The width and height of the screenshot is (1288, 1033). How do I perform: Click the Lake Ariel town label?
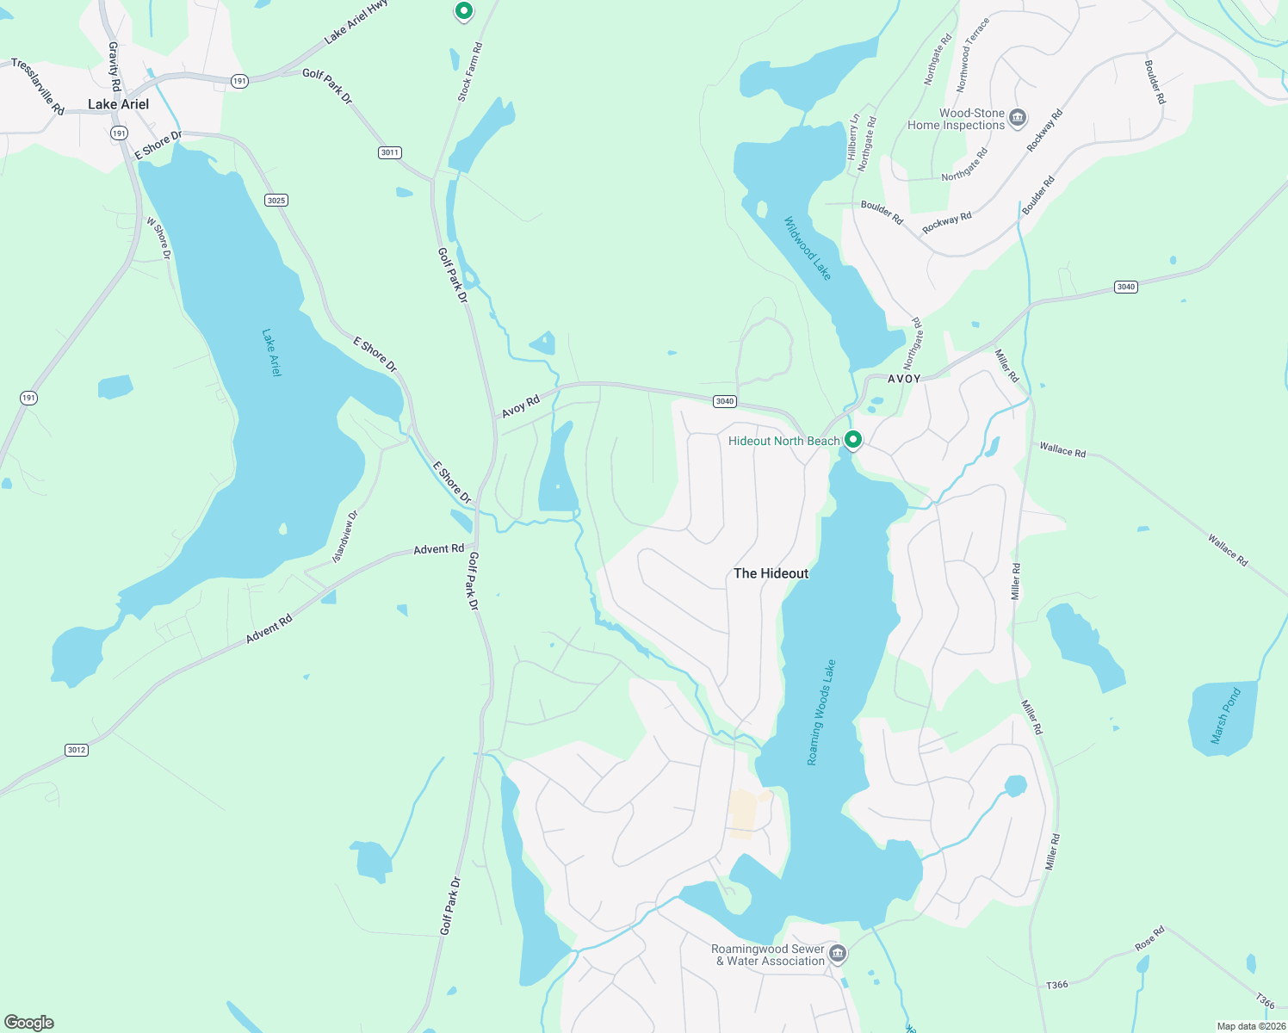118,104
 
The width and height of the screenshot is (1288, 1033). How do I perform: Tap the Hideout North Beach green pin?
852,440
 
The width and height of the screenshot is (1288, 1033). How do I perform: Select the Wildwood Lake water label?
808,248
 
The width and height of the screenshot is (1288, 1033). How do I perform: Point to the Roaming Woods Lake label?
821,713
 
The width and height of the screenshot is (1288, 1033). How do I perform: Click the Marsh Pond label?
1225,715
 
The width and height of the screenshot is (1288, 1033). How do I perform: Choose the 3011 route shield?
390,152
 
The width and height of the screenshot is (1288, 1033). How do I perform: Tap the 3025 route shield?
276,201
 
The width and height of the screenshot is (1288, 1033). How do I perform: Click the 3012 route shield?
77,750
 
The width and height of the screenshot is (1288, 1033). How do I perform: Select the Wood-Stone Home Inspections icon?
1018,118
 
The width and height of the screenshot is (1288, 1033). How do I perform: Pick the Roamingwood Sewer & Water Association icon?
838,954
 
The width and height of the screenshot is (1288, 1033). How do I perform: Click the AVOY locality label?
904,379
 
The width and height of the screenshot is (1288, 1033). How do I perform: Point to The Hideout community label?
771,573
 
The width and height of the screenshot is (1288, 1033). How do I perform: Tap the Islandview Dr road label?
344,537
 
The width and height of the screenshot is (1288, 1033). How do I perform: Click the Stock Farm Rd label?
470,72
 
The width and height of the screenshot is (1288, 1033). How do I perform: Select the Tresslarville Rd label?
37,86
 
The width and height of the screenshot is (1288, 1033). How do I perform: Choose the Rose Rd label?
1149,938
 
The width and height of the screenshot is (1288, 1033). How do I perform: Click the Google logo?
29,1022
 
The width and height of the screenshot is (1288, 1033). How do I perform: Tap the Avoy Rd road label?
520,406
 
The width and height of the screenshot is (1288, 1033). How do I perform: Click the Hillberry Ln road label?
853,137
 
